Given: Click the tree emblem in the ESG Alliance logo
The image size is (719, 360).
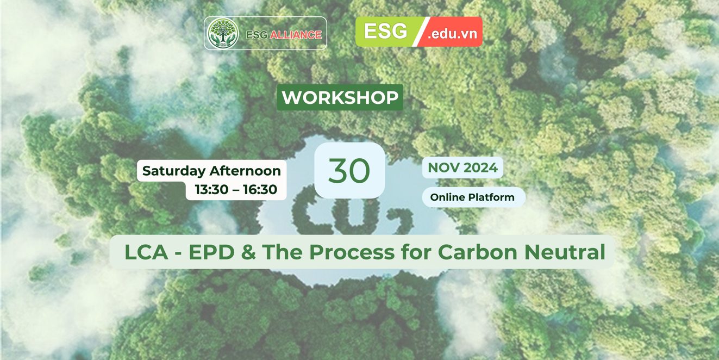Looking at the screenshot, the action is [x=223, y=33].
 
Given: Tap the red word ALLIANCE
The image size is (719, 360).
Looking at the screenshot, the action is [x=296, y=35].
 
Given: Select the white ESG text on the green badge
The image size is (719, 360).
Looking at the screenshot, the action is [x=385, y=31].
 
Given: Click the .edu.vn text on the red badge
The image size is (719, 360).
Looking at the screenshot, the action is [x=452, y=33].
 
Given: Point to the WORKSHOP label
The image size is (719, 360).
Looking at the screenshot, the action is [x=340, y=97].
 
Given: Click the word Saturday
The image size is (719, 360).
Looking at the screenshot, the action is [x=174, y=171].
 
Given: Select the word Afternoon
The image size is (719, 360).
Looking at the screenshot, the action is [x=245, y=171].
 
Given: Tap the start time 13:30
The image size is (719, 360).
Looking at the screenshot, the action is [x=212, y=189].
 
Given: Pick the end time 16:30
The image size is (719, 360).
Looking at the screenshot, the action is [x=260, y=189].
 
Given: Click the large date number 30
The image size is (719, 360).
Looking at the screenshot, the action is [x=349, y=171].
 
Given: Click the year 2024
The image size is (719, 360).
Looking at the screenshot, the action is [x=480, y=167].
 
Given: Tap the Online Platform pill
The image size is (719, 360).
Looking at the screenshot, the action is [x=473, y=197].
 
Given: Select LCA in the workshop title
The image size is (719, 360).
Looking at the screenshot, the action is [x=146, y=252].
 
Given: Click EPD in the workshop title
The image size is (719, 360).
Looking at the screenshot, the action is [x=212, y=252].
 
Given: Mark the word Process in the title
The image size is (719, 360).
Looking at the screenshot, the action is [x=352, y=252].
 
